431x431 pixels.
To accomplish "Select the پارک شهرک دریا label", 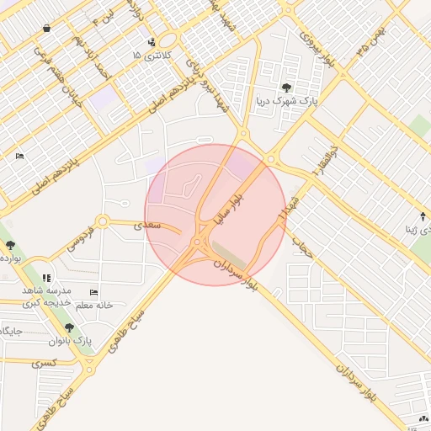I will [x=287, y=100].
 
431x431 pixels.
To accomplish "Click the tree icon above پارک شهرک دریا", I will [x=288, y=88].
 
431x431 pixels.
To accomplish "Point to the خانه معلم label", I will [x=94, y=305].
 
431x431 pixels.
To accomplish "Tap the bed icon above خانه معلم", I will [x=93, y=292].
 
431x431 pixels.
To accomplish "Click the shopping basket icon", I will [x=45, y=28].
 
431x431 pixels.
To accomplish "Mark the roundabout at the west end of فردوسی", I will [x=102, y=222].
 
